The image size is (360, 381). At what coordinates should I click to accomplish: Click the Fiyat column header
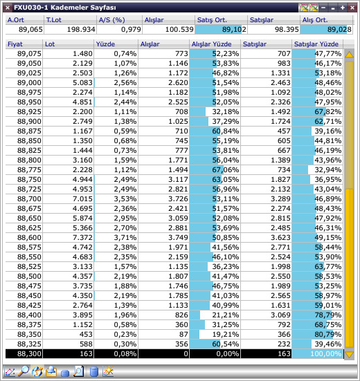pos(15,44)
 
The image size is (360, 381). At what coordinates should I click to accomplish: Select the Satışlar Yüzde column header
pos(316,44)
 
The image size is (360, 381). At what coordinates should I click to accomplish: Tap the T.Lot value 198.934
pos(81,30)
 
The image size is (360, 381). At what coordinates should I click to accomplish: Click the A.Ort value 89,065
pos(30,30)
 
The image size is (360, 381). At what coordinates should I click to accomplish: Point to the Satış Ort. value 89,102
pos(234,30)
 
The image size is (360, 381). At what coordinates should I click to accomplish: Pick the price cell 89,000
pos(29,82)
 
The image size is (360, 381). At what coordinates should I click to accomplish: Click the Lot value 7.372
pos(82,237)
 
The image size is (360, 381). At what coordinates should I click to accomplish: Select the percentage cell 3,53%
pos(125,198)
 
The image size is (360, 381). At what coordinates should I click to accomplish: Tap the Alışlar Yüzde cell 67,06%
pos(226,169)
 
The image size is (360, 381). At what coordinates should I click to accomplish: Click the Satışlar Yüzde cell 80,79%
pos(328,335)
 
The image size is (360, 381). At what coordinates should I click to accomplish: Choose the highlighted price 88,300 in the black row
pos(29,353)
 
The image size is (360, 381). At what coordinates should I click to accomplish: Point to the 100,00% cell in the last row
pos(325,353)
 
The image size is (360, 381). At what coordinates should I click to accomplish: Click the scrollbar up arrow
pos(350,55)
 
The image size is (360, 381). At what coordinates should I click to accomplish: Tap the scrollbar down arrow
pos(350,355)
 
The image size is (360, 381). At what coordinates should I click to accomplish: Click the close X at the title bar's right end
pos(352,8)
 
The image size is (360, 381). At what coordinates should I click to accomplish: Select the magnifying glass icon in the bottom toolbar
pos(24,371)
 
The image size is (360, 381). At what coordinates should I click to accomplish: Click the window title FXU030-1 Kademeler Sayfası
pos(64,8)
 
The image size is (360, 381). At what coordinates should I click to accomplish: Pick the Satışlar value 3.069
pos(280,315)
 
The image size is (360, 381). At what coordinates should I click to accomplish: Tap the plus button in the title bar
pos(343,8)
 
